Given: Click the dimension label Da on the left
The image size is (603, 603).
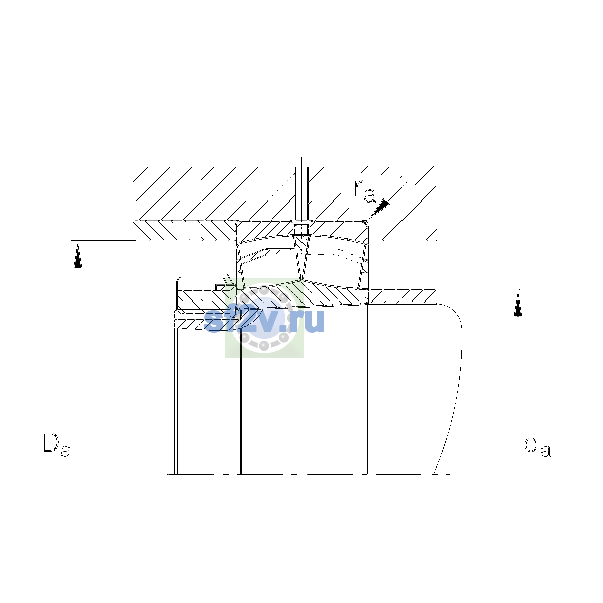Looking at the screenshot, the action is coord(57,445).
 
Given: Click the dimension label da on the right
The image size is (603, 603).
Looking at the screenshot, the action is coord(537,445).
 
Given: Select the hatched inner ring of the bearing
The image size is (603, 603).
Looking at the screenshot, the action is coord(302,294).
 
